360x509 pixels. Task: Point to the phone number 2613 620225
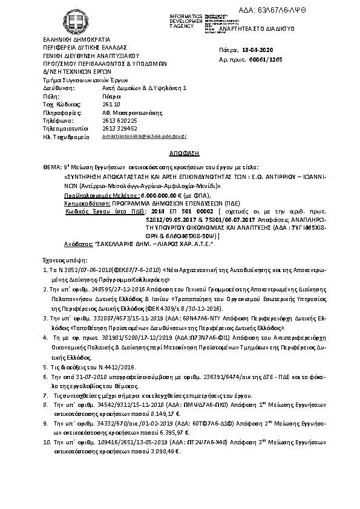click(x=120, y=120)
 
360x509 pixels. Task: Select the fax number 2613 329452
click(x=120, y=128)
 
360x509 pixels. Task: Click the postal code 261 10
click(x=112, y=104)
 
